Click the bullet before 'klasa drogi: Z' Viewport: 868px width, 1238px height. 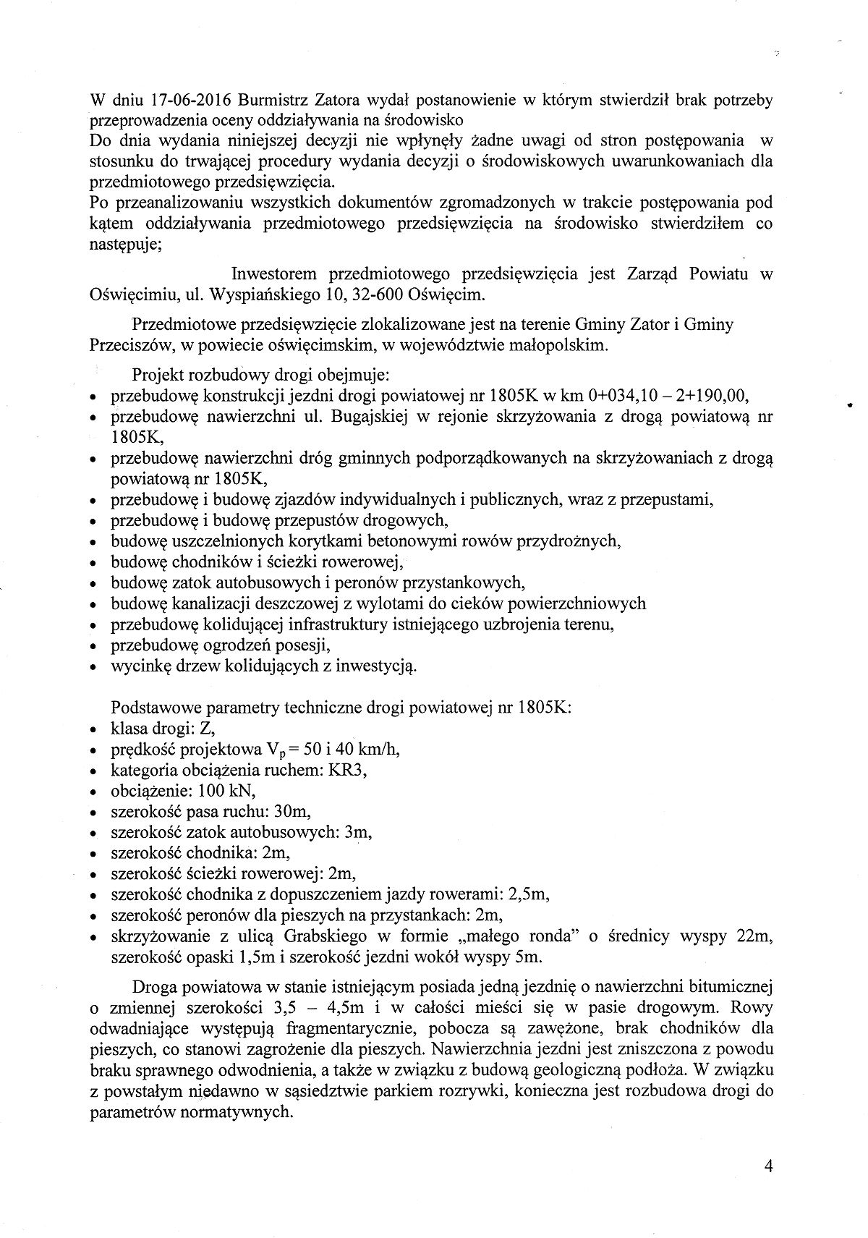click(93, 730)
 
